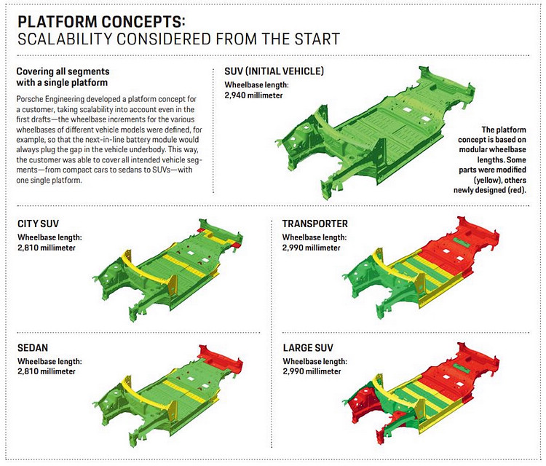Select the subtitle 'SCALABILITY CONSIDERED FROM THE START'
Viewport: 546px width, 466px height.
178,38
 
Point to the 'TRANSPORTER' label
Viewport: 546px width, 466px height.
314,224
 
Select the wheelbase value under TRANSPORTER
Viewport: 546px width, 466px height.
312,248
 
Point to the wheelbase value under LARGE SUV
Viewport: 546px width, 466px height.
312,372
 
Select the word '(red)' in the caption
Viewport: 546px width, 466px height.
519,189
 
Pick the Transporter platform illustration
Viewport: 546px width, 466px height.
430,266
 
